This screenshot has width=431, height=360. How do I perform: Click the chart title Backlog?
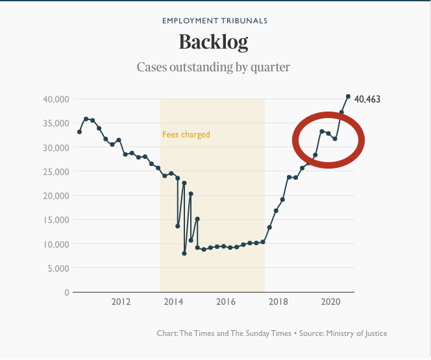pyautogui.click(x=214, y=43)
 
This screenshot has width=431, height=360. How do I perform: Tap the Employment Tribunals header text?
pyautogui.click(x=214, y=21)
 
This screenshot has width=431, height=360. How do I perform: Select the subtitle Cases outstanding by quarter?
pyautogui.click(x=214, y=67)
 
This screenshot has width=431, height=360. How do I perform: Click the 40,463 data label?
pyautogui.click(x=367, y=99)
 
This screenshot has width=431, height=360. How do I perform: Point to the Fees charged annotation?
pyautogui.click(x=186, y=135)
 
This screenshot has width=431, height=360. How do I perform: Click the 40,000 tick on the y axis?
pyautogui.click(x=56, y=99)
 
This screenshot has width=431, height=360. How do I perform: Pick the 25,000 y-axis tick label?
pyautogui.click(x=56, y=171)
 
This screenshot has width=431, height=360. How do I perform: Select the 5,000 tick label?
pyautogui.click(x=58, y=268)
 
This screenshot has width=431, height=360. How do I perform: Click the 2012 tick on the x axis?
pyautogui.click(x=121, y=302)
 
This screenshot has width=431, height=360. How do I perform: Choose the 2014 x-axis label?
pyautogui.click(x=173, y=302)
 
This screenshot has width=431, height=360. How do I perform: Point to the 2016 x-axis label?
pyautogui.click(x=226, y=302)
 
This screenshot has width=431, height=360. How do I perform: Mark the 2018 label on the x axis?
pyautogui.click(x=278, y=302)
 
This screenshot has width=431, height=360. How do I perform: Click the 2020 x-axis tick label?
pyautogui.click(x=331, y=302)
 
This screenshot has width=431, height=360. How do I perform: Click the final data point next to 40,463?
pyautogui.click(x=348, y=97)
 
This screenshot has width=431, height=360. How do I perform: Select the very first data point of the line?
pyautogui.click(x=79, y=132)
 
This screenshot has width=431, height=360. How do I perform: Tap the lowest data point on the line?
pyautogui.click(x=184, y=253)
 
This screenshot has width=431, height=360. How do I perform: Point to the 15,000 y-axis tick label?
pyautogui.click(x=56, y=220)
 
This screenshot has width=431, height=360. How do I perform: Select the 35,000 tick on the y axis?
pyautogui.click(x=56, y=123)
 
